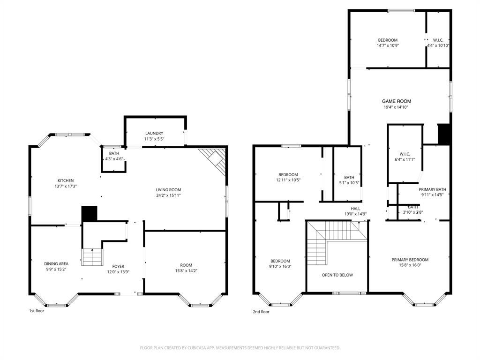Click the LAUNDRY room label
click(154, 133)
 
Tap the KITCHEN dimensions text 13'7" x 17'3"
click(66, 187)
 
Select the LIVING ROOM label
click(168, 190)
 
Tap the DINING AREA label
click(56, 264)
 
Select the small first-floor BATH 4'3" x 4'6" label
click(114, 153)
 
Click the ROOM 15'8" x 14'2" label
click(186, 265)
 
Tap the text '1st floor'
click(37, 311)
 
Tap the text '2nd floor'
click(261, 312)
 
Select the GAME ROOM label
click(396, 101)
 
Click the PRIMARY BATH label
click(432, 189)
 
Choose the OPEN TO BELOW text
click(337, 275)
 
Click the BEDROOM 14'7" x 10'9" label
click(388, 40)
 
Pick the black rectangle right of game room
click(443, 135)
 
